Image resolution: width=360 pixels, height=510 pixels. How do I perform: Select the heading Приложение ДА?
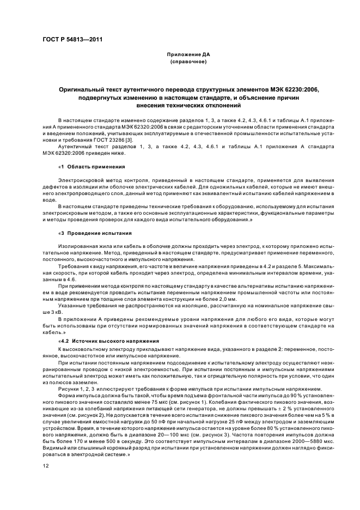[188, 55]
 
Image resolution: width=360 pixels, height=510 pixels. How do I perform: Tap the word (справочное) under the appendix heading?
[188, 62]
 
